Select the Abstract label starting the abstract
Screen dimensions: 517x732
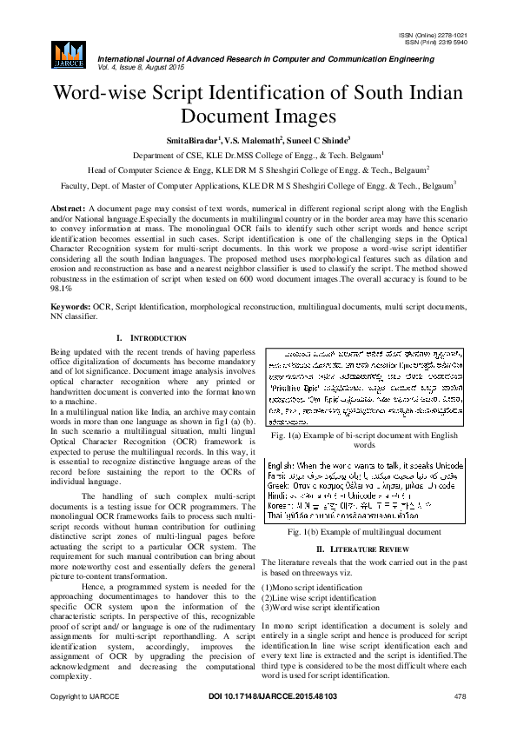click(x=67, y=210)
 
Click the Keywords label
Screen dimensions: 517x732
click(x=70, y=307)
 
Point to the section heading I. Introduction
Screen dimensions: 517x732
click(x=150, y=337)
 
